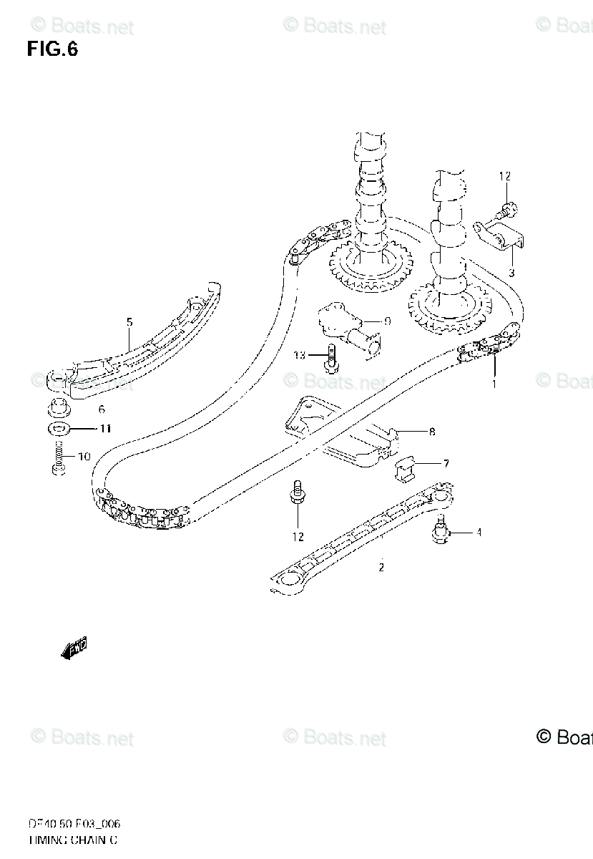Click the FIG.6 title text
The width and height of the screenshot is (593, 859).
click(52, 49)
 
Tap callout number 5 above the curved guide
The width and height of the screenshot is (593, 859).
click(129, 323)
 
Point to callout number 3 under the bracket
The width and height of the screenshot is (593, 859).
click(511, 273)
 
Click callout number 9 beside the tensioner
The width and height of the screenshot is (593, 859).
click(387, 321)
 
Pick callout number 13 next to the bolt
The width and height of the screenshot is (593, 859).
click(299, 355)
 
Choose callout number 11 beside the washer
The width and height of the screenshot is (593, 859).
click(105, 429)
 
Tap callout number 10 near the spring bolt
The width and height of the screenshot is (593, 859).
click(84, 456)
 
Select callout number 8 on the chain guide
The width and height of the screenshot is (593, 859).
click(432, 432)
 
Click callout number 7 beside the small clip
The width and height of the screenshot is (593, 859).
click(446, 464)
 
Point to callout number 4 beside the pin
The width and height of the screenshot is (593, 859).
click(479, 532)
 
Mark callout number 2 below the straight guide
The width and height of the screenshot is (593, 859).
click(381, 568)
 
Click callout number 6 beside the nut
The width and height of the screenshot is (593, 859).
click(102, 409)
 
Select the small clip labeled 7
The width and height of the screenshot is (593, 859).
click(406, 467)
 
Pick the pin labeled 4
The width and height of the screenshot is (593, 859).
click(439, 533)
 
